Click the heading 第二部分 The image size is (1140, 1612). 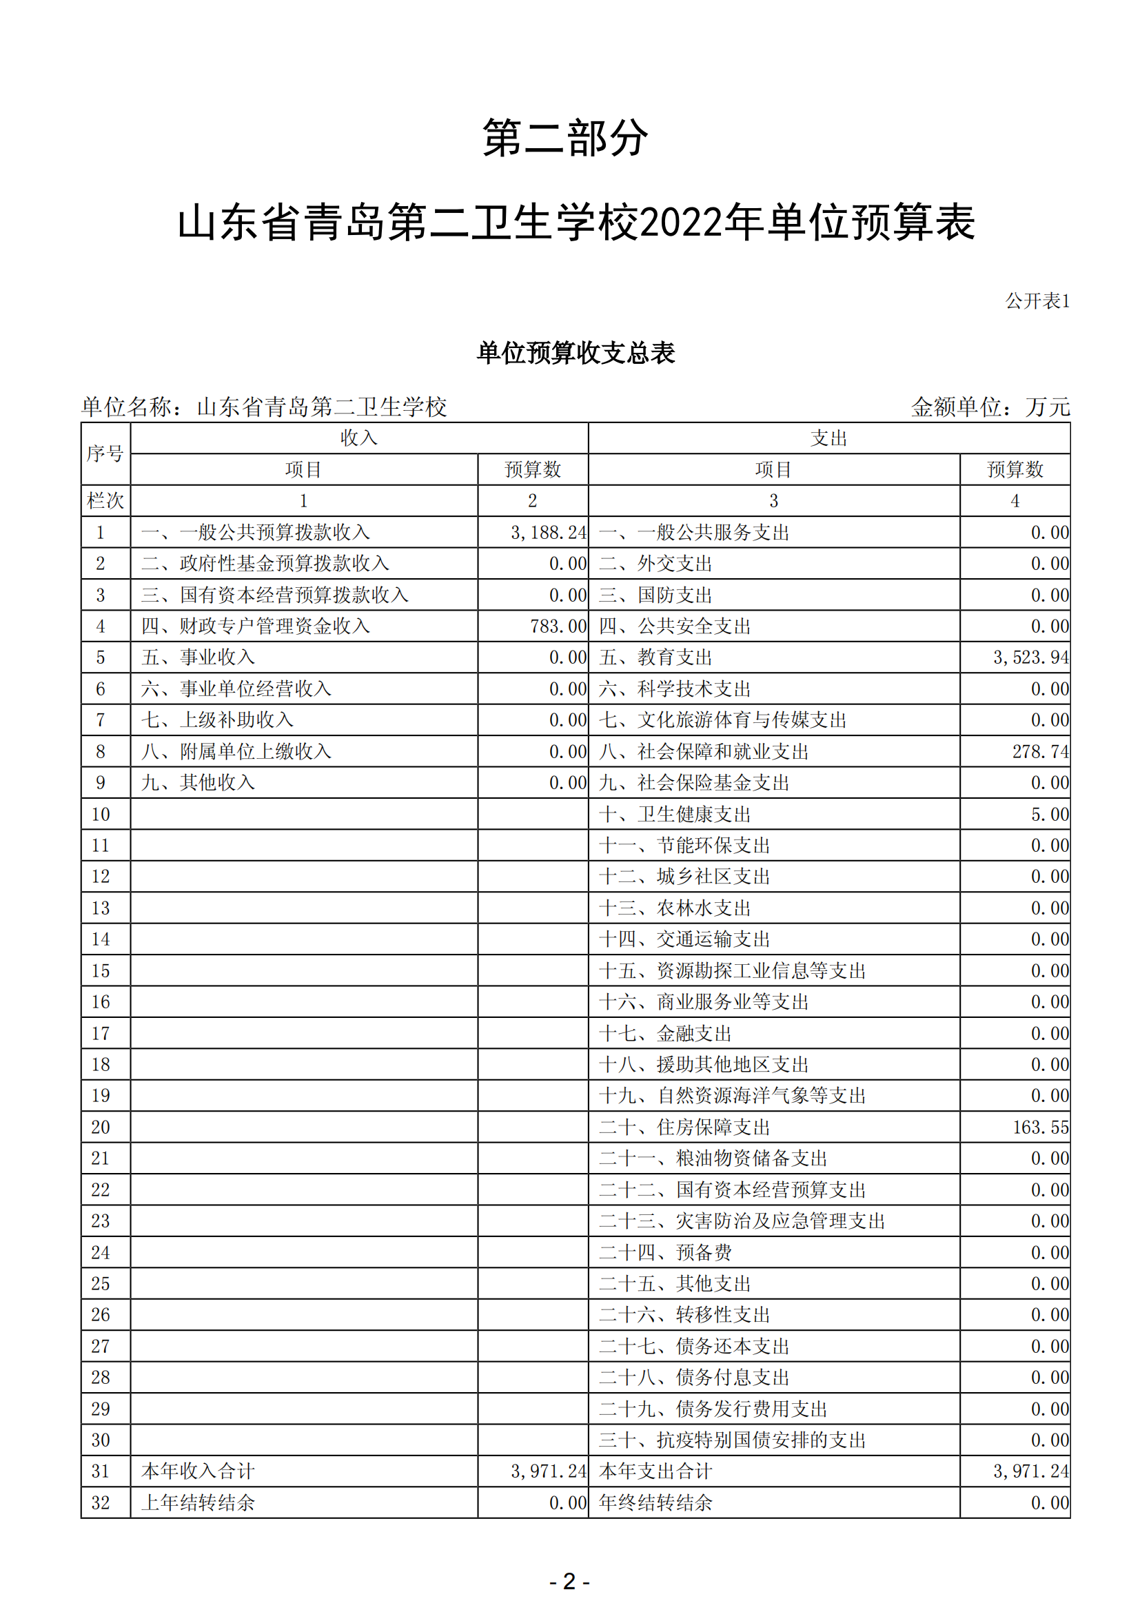click(x=565, y=138)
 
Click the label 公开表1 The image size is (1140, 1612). click(x=1037, y=301)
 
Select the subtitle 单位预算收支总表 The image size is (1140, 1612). click(x=576, y=352)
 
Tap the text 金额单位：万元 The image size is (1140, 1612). click(x=990, y=407)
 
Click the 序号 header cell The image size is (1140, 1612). click(x=105, y=453)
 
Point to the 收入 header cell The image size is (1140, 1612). click(x=358, y=438)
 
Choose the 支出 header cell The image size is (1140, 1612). click(x=829, y=438)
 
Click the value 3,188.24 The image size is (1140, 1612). click(x=548, y=533)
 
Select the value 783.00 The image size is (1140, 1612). click(x=558, y=626)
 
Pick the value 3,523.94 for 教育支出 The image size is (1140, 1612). click(x=1030, y=658)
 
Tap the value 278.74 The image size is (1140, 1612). click(x=1040, y=752)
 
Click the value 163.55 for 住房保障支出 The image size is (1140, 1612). click(x=1040, y=1128)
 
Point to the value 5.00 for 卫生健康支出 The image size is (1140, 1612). click(x=1050, y=815)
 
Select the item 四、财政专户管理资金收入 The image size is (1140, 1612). click(x=256, y=626)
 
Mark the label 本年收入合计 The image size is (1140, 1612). click(x=198, y=1471)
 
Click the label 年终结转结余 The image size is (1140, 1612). click(x=655, y=1503)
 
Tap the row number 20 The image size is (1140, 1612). click(x=101, y=1128)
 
